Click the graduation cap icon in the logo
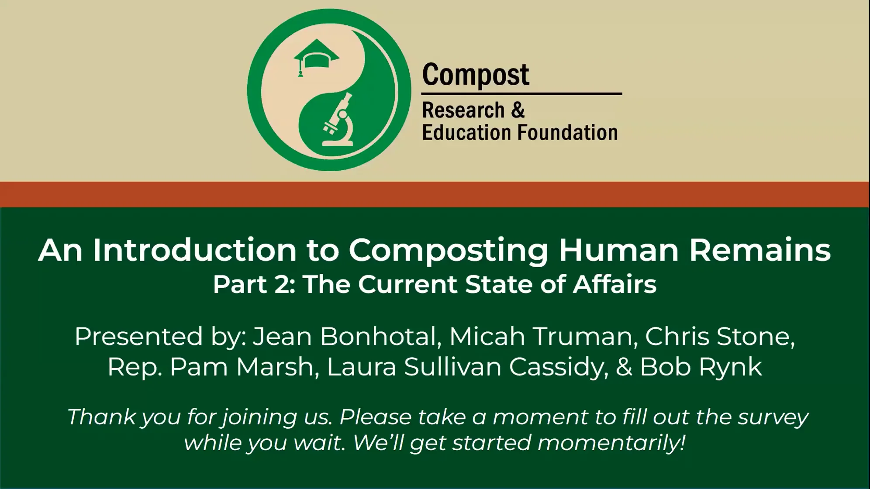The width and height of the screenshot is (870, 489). [316, 56]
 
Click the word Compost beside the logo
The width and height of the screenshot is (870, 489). [475, 75]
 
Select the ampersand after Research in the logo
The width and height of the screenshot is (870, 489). [518, 110]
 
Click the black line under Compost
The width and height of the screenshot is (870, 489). [521, 93]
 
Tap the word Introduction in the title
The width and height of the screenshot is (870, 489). [195, 250]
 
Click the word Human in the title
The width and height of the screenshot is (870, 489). [618, 250]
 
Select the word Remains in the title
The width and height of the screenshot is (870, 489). [760, 250]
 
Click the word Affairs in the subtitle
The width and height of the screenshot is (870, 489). [615, 284]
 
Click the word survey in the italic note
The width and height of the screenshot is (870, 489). [773, 417]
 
